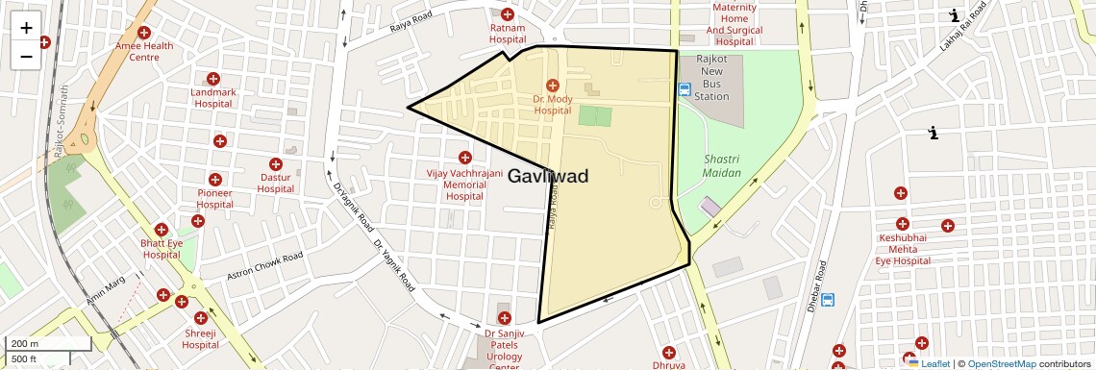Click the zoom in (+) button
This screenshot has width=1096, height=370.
pos(26,28)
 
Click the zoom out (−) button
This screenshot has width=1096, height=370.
pos(26,57)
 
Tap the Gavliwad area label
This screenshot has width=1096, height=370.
pos(547,177)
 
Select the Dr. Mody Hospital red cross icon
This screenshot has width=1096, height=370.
pos(552,86)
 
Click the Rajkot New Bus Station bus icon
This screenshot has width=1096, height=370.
pos(684,90)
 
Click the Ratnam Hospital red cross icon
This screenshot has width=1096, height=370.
pos(508,14)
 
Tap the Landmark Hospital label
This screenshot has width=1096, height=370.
pos(213,97)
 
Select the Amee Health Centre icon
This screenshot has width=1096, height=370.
pos(144,33)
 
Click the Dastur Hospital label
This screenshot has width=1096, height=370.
pos(276,183)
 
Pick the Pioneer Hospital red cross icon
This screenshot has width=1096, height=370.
pos(215,180)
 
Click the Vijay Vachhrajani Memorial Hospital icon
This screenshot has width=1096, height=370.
pos(465,158)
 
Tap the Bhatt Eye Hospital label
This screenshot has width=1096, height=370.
pos(162,249)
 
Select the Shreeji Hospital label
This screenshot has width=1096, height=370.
pos(201,338)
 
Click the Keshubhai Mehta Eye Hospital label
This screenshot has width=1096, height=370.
pos(903,249)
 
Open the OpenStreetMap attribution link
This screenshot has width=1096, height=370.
pos(1002,363)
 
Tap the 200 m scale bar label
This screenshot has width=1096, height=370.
pos(26,343)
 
